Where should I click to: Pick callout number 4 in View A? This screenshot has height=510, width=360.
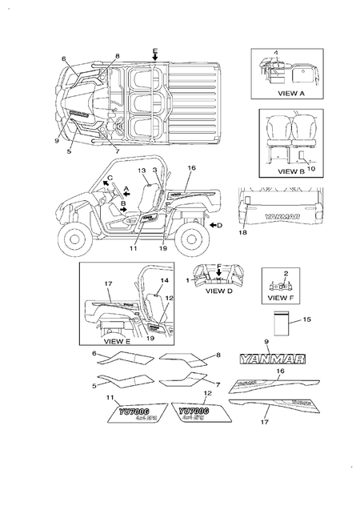[276, 53]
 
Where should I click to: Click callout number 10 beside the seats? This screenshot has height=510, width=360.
[310, 169]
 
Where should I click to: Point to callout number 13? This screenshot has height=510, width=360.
[140, 171]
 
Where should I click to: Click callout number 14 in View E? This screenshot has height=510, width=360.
[163, 281]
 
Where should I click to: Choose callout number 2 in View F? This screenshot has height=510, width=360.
[285, 273]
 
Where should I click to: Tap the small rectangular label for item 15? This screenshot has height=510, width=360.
[280, 323]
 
